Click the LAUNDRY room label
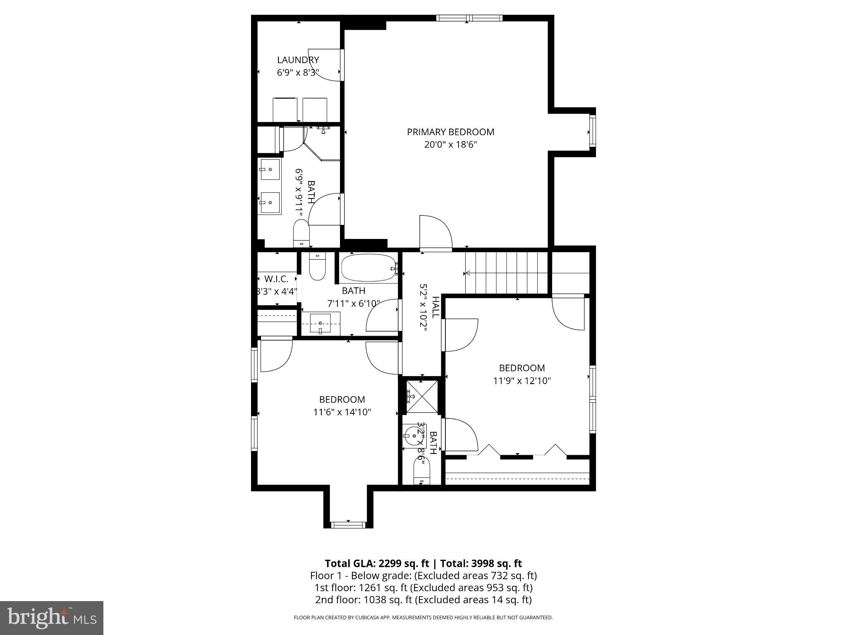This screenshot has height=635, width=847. [298, 60]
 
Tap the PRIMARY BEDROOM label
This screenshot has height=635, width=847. [450, 132]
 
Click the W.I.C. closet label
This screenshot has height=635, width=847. [276, 279]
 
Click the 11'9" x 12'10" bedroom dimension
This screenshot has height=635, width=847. [522, 381]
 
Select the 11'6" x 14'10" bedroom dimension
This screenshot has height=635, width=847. [342, 412]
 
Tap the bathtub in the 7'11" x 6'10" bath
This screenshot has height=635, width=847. [368, 268]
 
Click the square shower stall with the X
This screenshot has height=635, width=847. [421, 396]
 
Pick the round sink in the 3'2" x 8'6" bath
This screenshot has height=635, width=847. [412, 435]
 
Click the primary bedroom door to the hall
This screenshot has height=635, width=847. [435, 234]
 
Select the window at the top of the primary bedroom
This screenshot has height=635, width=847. [469, 18]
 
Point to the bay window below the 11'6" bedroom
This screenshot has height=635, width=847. [348, 525]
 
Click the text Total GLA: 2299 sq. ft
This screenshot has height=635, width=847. [378, 563]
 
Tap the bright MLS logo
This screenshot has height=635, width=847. [52, 618]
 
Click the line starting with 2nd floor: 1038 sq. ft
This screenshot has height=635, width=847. [423, 599]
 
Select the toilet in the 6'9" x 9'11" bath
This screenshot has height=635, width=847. [301, 234]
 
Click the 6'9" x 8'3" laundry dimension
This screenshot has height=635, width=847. [298, 73]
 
